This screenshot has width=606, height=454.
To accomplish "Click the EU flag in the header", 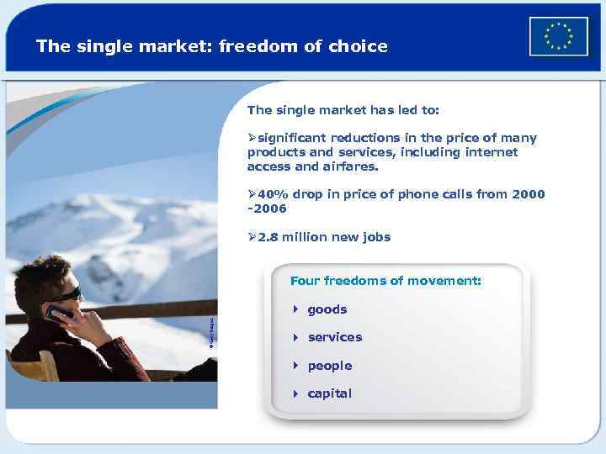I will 558,37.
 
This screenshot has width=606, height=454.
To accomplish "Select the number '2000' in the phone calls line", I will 528,194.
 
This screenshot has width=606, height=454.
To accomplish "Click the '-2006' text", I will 267,208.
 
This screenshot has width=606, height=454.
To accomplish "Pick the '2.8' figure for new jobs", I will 268,237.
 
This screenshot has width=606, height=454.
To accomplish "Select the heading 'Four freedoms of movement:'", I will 385,281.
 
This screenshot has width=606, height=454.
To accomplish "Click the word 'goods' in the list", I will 327,309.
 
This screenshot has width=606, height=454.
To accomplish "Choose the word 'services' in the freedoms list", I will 335,337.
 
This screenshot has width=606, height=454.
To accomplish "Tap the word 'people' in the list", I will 330,366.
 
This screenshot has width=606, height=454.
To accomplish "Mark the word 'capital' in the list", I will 330,393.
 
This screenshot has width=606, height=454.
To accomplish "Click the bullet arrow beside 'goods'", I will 295,309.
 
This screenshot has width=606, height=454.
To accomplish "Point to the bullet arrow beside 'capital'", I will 295,393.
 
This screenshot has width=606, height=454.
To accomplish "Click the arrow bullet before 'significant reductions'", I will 252,138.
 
